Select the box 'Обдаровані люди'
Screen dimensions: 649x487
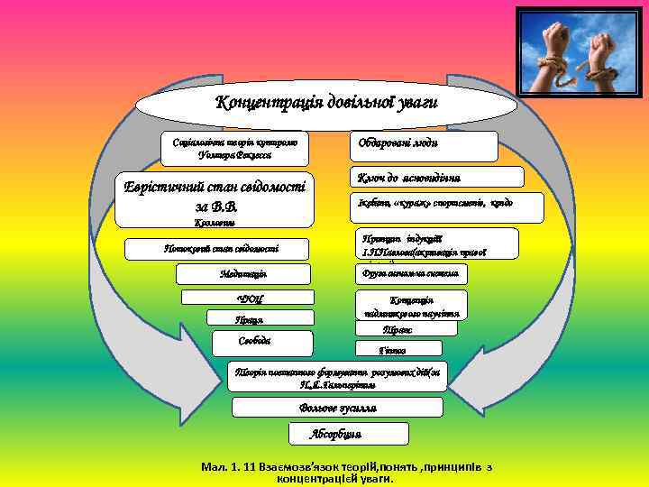pyautogui.click(x=423, y=146)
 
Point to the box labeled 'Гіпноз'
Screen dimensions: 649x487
pyautogui.click(x=398, y=349)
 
